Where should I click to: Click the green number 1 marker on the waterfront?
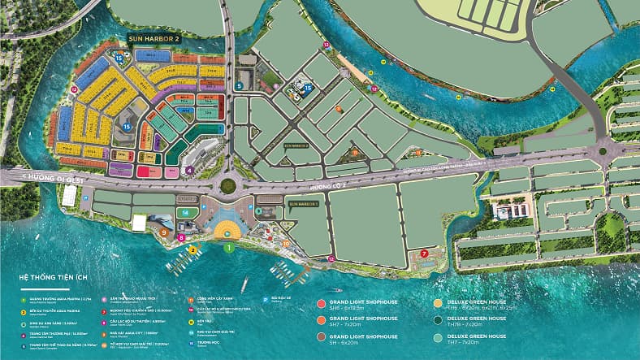[x=228, y=246]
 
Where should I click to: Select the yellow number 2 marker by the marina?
[x=192, y=250]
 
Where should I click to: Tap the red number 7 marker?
[x=425, y=254]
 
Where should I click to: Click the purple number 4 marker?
[x=189, y=171]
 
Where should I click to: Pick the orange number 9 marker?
[x=164, y=232]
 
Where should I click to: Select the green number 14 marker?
[x=185, y=213]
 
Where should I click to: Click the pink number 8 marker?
[x=182, y=238]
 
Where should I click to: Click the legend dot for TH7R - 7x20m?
[x=439, y=320]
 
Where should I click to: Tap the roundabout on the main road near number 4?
[x=227, y=186]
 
